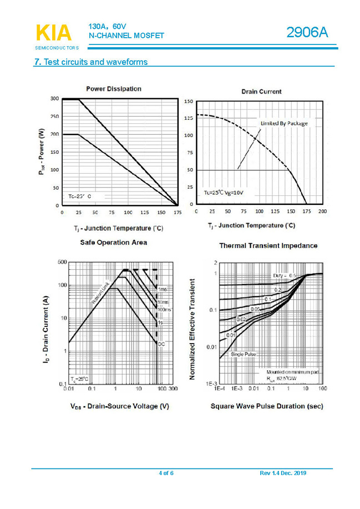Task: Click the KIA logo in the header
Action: tap(54, 33)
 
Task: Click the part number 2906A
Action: tap(307, 33)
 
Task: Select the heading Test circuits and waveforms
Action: tap(91, 62)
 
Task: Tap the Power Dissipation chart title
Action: tap(114, 89)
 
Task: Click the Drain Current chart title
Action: tap(261, 92)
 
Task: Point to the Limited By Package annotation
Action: tap(284, 123)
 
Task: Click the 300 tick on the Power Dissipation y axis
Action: tap(54, 99)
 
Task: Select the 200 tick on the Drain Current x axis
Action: tap(323, 211)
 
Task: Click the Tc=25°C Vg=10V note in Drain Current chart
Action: tap(223, 193)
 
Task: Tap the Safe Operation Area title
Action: tap(114, 243)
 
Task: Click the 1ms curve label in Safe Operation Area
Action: tap(162, 290)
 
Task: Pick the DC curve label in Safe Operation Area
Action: tap(161, 344)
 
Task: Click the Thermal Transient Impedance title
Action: tap(268, 245)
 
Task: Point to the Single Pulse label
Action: tap(244, 354)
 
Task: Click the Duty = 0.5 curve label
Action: tap(284, 276)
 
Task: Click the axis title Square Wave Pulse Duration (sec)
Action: tap(267, 406)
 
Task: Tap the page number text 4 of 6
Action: tap(166, 473)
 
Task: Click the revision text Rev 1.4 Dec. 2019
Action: tap(283, 473)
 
